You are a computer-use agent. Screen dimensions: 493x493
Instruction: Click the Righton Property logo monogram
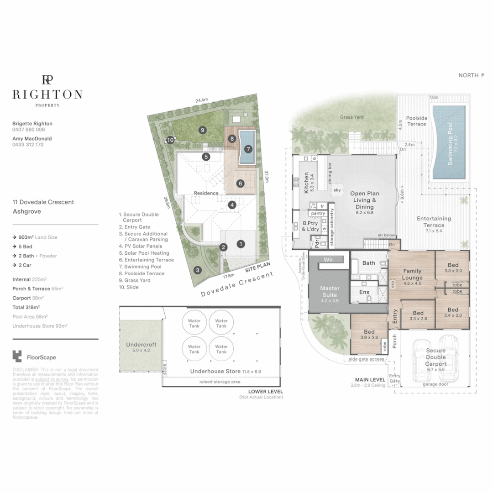pyautogui.click(x=47, y=79)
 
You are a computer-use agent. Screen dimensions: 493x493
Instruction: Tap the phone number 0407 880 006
pyautogui.click(x=28, y=130)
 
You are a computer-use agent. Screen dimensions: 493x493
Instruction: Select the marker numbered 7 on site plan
pyautogui.click(x=248, y=149)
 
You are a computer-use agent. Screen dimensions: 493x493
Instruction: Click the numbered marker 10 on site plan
pyautogui.click(x=170, y=140)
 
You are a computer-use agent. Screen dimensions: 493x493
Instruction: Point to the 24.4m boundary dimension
pyautogui.click(x=201, y=100)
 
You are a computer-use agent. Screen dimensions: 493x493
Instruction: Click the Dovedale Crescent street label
pyautogui.click(x=236, y=285)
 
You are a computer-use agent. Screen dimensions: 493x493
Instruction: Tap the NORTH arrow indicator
pyautogui.click(x=471, y=75)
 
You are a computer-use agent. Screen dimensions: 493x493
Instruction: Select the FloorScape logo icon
pyautogui.click(x=17, y=357)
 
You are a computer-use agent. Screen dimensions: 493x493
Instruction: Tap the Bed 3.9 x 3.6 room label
pyautogui.click(x=369, y=335)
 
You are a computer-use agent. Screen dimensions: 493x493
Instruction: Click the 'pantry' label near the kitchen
pyautogui.click(x=317, y=214)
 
